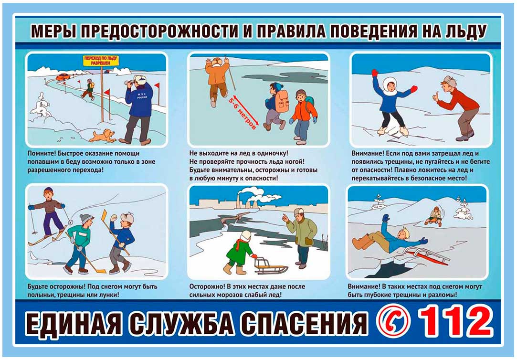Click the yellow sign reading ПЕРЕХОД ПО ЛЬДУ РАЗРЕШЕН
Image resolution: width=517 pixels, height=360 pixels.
101,60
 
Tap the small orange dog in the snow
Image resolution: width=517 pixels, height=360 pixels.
103,136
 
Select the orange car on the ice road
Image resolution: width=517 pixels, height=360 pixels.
63,77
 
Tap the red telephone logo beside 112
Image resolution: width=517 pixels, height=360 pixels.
393,321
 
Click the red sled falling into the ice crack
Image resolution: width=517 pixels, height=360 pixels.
427,254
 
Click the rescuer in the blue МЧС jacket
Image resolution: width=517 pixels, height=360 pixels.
139,109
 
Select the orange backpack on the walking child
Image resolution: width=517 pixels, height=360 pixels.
281,101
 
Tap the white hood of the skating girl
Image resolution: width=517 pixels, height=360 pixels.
390,86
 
